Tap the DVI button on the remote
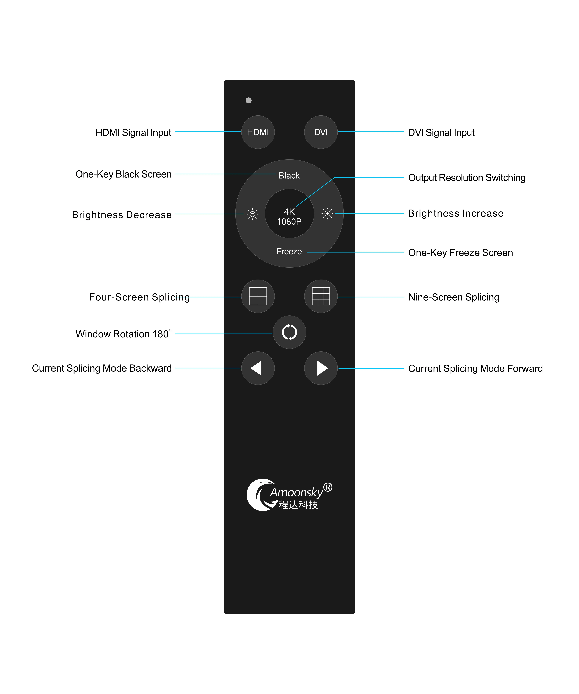tap(321, 132)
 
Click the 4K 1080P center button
tap(289, 216)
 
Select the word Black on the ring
tap(289, 175)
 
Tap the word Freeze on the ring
tap(289, 252)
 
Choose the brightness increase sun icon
tap(327, 213)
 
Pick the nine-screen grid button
tap(321, 296)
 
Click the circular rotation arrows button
tap(289, 332)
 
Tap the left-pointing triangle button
tap(257, 368)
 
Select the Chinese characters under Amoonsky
tap(298, 505)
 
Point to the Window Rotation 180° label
tap(123, 334)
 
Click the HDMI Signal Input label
tap(133, 132)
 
